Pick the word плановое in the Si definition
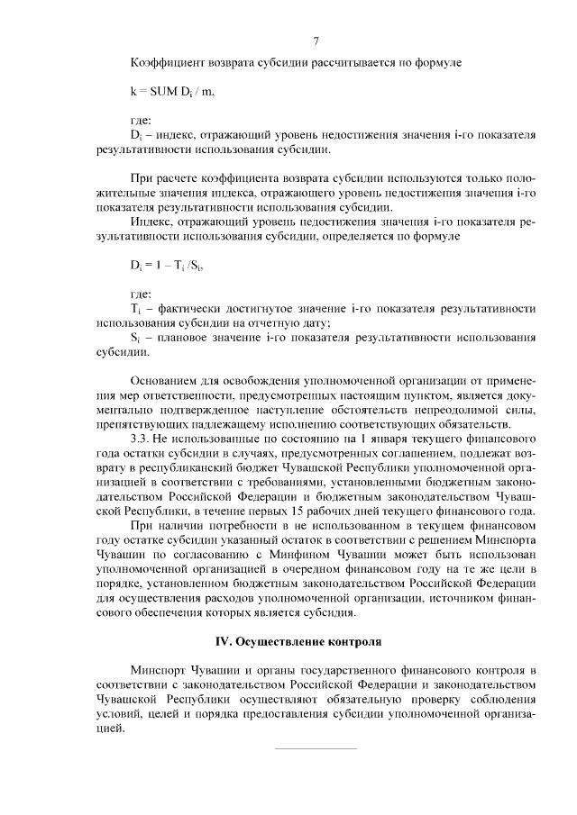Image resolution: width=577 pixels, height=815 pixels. (x=188, y=338)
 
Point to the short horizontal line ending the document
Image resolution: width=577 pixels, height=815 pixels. (x=315, y=748)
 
